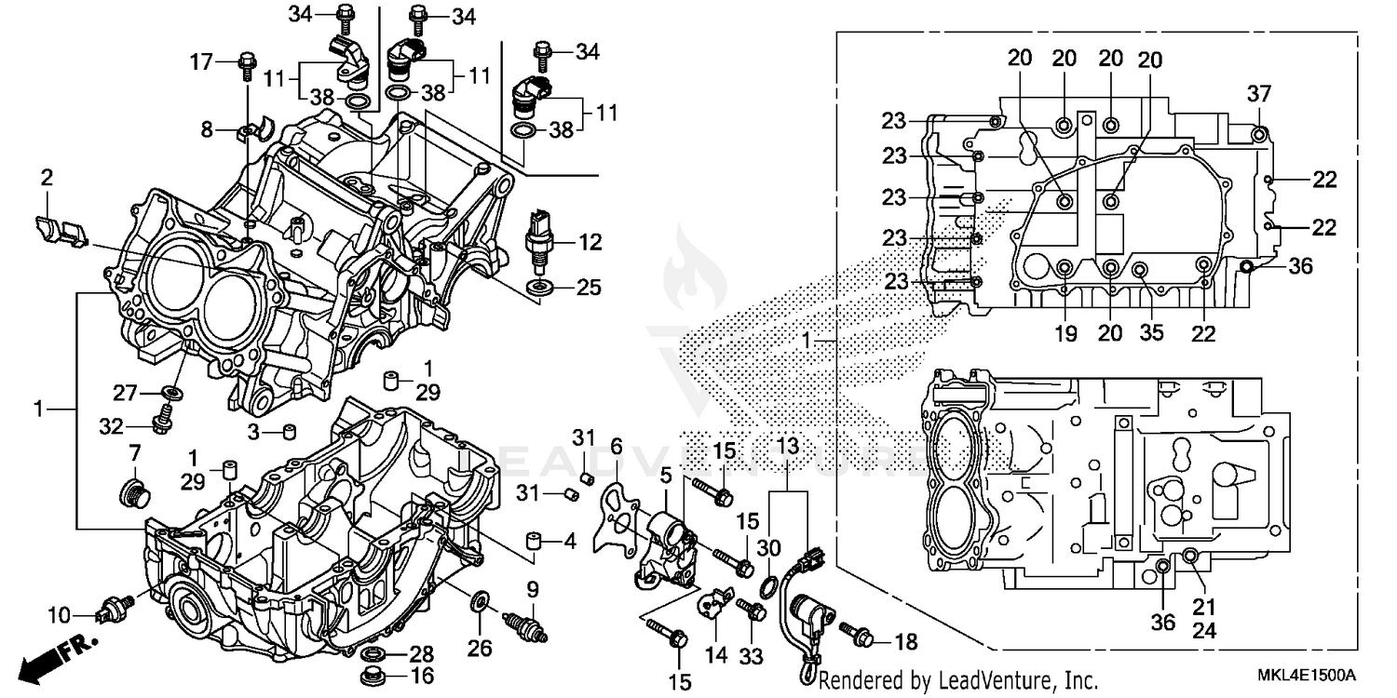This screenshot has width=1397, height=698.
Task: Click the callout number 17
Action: pos(202,63)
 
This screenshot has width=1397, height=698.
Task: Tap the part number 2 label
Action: pos(47,176)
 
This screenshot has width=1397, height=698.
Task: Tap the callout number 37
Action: pos(1259,94)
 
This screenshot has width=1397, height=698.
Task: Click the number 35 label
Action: pos(1152,332)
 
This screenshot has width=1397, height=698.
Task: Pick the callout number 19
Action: pos(1065,332)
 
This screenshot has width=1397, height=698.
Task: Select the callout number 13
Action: pos(787,447)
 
